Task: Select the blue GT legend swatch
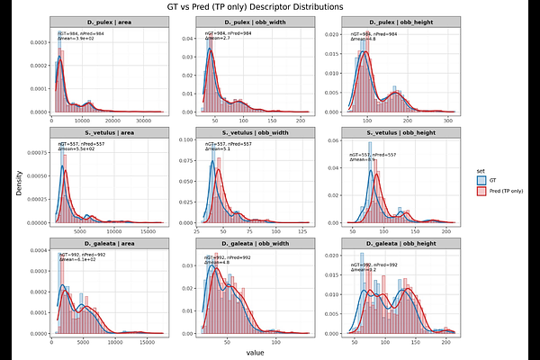(481, 179)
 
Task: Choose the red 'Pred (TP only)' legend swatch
(481, 192)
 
